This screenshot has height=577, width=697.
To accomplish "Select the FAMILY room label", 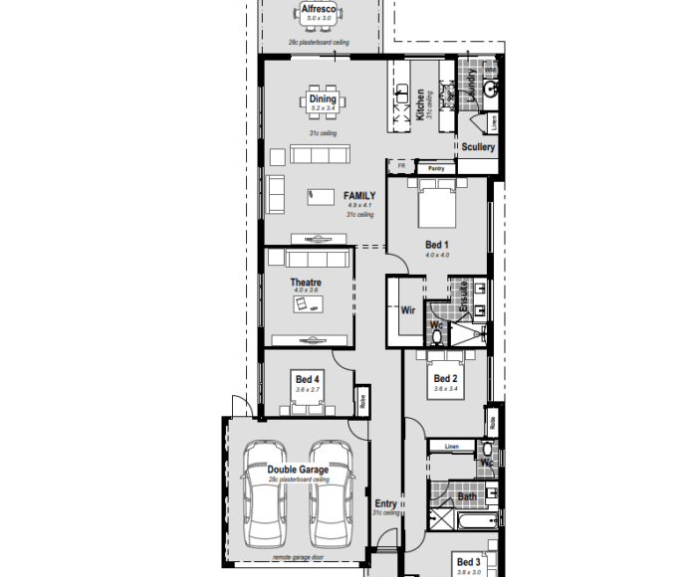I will tap(359, 196).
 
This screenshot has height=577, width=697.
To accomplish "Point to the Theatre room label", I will tap(306, 283).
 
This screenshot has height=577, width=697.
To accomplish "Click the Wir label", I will tap(407, 310).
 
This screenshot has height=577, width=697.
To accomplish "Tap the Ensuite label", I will tap(463, 297).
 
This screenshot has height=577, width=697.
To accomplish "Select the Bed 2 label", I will tap(445, 379).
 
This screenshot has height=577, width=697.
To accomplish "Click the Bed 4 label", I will tap(308, 379).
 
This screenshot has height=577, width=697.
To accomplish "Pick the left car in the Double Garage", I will tap(266, 492).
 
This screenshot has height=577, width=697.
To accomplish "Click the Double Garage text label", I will tap(298, 470).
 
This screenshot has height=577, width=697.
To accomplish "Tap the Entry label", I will tap(385, 503).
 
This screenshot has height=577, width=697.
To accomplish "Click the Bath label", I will tap(467, 496).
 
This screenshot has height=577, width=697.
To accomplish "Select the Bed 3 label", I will tap(469, 562).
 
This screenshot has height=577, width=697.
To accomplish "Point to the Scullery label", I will tap(478, 147).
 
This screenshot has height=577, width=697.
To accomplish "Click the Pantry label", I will tap(436, 169).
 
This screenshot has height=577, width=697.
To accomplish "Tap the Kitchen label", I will tap(420, 103).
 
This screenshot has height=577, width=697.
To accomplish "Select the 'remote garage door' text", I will tap(298, 558).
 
